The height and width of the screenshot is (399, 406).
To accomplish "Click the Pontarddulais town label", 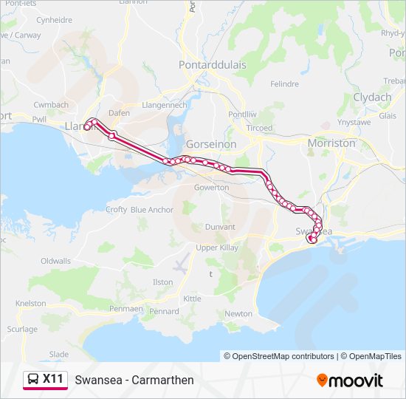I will pos(212,65).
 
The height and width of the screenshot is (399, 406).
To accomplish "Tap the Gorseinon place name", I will pos(212,144).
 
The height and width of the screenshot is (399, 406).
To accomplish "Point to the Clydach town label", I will pos(372,98).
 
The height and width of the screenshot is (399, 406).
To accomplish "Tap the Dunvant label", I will pos(220,227).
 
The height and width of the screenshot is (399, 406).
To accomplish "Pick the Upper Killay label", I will pos(217,248).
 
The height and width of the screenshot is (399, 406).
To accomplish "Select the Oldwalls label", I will pos(55,261).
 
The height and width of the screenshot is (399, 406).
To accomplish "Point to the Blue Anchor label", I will pos(152,210).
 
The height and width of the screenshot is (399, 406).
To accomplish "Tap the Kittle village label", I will pos(192,299).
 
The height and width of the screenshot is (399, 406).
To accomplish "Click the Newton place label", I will pos(238,313).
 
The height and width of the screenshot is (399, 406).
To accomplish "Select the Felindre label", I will pos(284,84).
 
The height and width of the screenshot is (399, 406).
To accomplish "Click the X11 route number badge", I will pos(52,379).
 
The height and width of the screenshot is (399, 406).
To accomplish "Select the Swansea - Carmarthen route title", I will pos(134,380).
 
